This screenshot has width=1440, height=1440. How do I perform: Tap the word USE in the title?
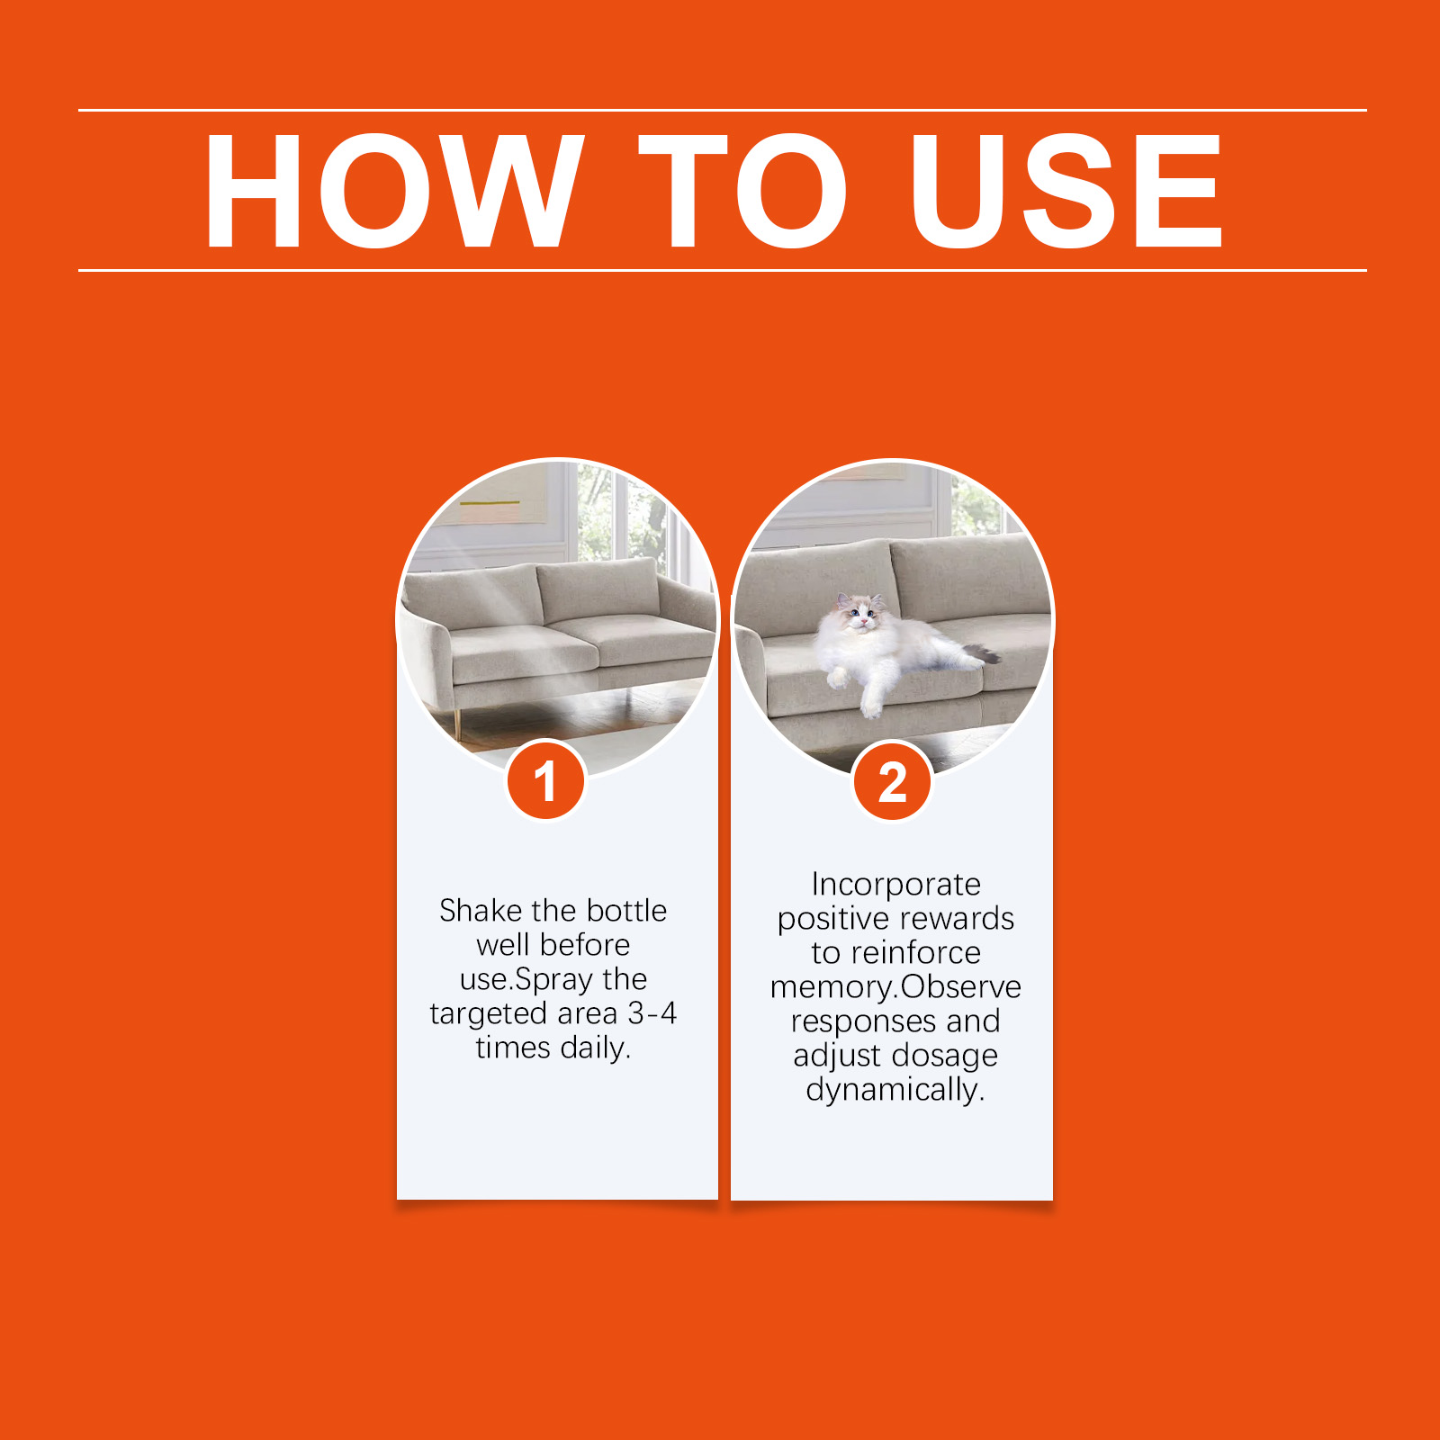click(1066, 191)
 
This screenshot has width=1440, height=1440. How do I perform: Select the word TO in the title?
click(742, 191)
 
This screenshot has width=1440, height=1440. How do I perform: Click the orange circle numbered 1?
click(545, 781)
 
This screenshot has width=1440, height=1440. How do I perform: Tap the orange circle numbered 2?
click(892, 781)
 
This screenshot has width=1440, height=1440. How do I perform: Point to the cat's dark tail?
click(982, 652)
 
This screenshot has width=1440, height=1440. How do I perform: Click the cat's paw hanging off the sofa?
click(871, 706)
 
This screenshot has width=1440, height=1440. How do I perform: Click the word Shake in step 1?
click(481, 911)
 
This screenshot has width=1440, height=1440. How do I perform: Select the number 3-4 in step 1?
click(652, 1013)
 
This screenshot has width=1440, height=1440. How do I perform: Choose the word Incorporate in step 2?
click(895, 885)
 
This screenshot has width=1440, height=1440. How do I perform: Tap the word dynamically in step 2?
click(895, 1090)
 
